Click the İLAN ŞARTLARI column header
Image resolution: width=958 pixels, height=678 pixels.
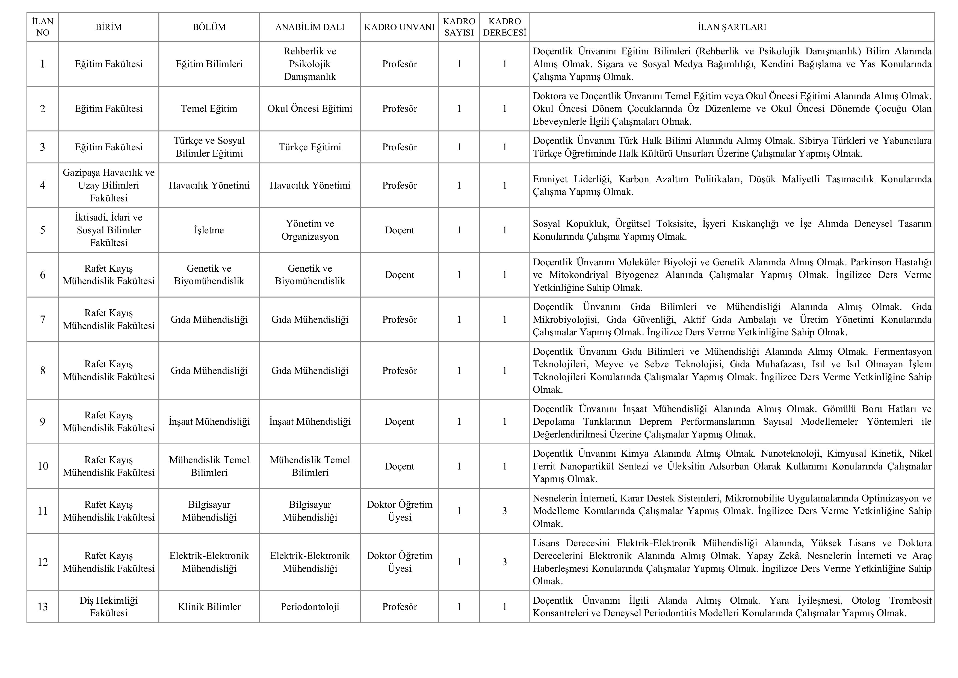click(x=732, y=27)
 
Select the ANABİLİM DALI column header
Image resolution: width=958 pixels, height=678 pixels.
click(x=310, y=27)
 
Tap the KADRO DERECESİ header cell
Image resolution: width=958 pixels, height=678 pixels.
click(x=504, y=27)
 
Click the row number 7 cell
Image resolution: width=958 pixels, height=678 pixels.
click(x=43, y=319)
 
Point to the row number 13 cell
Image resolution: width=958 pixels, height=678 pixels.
click(x=43, y=607)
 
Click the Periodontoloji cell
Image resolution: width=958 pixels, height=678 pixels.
click(x=310, y=607)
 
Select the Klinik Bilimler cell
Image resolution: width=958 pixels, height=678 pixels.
click(x=209, y=607)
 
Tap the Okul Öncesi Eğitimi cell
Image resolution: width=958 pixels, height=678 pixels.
click(x=310, y=108)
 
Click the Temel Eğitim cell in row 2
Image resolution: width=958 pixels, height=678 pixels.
click(x=209, y=108)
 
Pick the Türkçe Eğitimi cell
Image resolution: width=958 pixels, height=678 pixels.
click(x=310, y=147)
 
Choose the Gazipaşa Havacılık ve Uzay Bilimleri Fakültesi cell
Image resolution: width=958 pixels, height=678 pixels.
click(x=108, y=185)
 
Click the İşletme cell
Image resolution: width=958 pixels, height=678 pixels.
click(x=209, y=230)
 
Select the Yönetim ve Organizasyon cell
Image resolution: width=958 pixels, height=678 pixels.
click(x=310, y=230)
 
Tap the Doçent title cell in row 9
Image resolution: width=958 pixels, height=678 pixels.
click(x=399, y=421)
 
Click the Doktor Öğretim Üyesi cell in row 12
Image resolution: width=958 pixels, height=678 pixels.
click(x=399, y=562)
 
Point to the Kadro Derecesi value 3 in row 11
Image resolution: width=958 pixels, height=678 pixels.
click(x=504, y=511)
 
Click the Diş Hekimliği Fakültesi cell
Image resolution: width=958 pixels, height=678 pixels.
click(x=108, y=607)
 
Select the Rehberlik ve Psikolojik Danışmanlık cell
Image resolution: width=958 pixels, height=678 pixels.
click(x=310, y=64)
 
